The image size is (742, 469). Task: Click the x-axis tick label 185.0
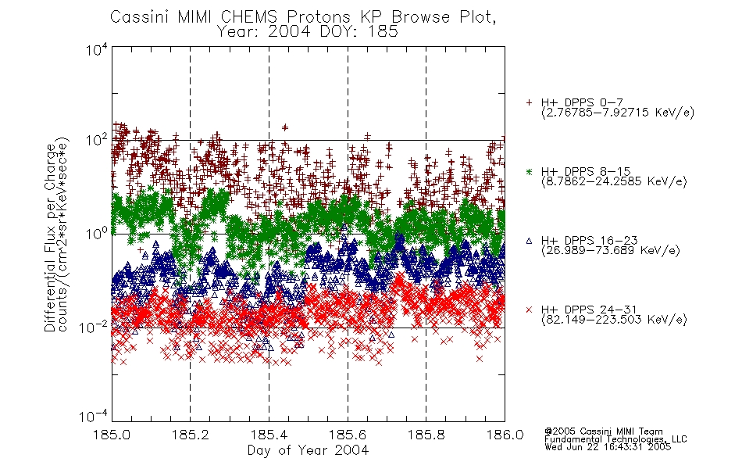111,435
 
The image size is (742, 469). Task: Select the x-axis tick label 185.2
191,435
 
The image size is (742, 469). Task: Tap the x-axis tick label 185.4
269,435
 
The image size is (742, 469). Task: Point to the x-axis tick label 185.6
348,435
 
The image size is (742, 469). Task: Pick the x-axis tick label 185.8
426,435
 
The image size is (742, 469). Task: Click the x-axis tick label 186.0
505,435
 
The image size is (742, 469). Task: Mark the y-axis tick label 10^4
97,50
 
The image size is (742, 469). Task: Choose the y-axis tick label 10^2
97,141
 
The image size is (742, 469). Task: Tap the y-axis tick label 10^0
97,234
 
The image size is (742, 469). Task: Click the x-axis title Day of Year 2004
308,450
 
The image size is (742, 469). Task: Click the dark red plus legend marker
529,102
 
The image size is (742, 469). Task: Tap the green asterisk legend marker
529,171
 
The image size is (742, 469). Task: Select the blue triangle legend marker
529,241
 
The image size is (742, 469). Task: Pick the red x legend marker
529,310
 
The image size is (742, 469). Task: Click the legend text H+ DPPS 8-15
586,171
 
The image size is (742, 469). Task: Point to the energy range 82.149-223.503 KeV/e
614,320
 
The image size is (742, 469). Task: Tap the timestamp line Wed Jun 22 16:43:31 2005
608,447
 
